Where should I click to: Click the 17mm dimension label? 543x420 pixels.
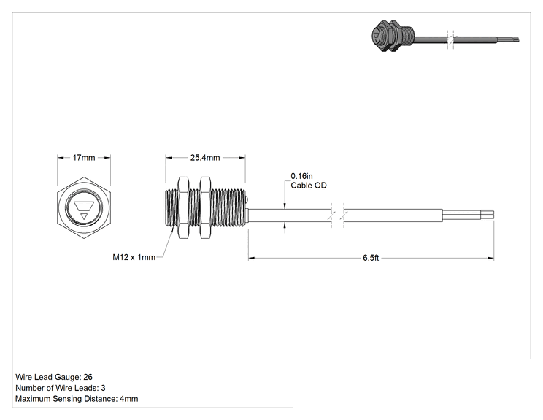coord(84,158)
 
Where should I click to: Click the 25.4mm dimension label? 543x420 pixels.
coord(205,158)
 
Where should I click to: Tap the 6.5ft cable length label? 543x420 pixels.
coord(371,258)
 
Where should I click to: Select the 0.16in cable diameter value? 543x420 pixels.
coord(301,176)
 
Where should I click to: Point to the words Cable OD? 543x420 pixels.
coord(309,186)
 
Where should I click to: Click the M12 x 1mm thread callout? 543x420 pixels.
coord(134,257)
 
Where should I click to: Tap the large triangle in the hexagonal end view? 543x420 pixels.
coord(84,206)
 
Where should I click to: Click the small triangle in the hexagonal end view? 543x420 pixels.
coord(84,217)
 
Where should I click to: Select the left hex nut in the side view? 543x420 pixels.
coord(183,207)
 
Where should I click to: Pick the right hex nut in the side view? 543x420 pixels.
coord(205,207)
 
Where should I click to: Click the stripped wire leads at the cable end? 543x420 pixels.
coord(469,215)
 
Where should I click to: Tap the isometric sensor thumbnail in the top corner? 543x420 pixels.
coord(445,37)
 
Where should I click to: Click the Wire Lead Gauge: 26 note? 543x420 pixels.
coord(54,377)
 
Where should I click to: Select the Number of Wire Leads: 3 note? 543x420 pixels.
coord(61,388)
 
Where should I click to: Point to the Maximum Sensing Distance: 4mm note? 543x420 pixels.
coord(77,399)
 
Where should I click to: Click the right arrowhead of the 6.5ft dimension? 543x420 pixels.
coord(490,258)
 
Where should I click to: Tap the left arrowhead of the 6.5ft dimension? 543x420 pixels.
coord(252,258)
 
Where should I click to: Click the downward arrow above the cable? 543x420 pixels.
coord(285,205)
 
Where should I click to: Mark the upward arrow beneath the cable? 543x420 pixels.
coord(285,226)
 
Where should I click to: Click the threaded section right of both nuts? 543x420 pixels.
coord(228,207)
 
